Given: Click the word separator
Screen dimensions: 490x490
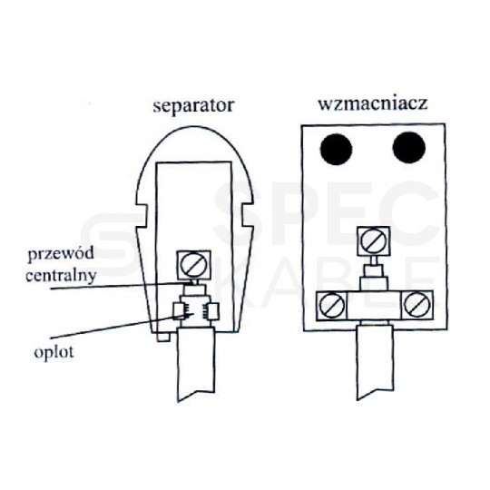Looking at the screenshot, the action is tap(193, 106).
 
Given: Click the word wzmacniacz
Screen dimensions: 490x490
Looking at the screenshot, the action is tap(373, 103).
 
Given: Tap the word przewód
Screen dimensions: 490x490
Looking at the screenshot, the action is tap(61, 254).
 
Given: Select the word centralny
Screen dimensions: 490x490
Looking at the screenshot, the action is tap(61, 276).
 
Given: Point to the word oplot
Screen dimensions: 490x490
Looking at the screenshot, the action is tap(54, 353).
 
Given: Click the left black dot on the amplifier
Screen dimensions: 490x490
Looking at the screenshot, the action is tap(336, 149).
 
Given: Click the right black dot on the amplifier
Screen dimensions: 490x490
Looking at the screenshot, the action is tap(408, 148).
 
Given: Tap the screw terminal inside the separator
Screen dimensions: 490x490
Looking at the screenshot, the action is tap(194, 265).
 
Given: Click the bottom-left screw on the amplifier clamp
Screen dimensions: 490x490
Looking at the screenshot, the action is tap(332, 305).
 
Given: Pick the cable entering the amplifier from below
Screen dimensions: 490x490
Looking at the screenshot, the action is tap(375, 362).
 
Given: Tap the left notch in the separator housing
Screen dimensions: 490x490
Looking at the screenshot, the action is tap(142, 216).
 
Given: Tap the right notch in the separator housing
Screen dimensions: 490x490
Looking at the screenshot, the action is tap(248, 216).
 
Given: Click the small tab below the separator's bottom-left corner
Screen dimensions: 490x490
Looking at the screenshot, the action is tap(163, 338).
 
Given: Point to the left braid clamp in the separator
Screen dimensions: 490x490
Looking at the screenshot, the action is tap(179, 311).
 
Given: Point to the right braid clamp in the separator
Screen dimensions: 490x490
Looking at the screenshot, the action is tap(213, 311).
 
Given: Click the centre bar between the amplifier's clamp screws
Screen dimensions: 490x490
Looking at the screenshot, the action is tap(375, 305).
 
